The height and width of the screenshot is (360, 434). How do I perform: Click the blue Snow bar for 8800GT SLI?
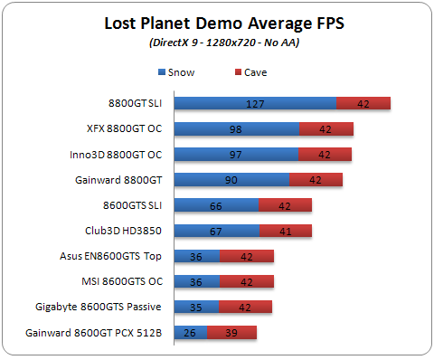point(254,104)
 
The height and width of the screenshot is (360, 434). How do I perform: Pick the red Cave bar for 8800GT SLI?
point(363,104)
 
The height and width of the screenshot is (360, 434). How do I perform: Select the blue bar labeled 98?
point(236,129)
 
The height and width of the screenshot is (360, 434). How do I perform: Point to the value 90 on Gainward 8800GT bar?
point(231,180)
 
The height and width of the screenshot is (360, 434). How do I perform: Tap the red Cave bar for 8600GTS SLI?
point(285,205)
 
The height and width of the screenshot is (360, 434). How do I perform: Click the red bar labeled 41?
point(285,231)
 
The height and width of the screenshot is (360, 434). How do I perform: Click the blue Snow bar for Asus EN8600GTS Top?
point(196,256)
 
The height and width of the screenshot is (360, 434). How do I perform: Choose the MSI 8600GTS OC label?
point(122,281)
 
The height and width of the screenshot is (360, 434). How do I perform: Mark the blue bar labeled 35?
point(195,308)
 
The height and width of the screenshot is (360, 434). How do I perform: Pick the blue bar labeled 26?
point(190,333)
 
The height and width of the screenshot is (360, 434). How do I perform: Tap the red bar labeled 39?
point(231,333)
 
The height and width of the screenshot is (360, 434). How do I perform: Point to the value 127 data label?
point(255,104)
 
